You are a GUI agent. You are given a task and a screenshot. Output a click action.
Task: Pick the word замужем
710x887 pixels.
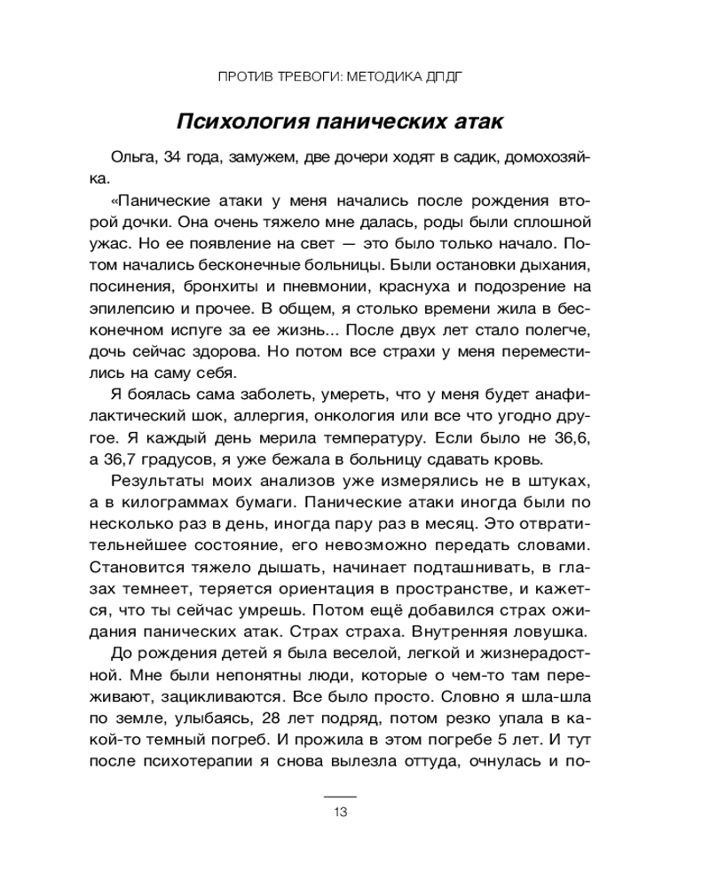pyautogui.click(x=262, y=158)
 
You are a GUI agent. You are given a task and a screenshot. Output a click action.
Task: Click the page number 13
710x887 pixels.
pyautogui.click(x=340, y=813)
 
